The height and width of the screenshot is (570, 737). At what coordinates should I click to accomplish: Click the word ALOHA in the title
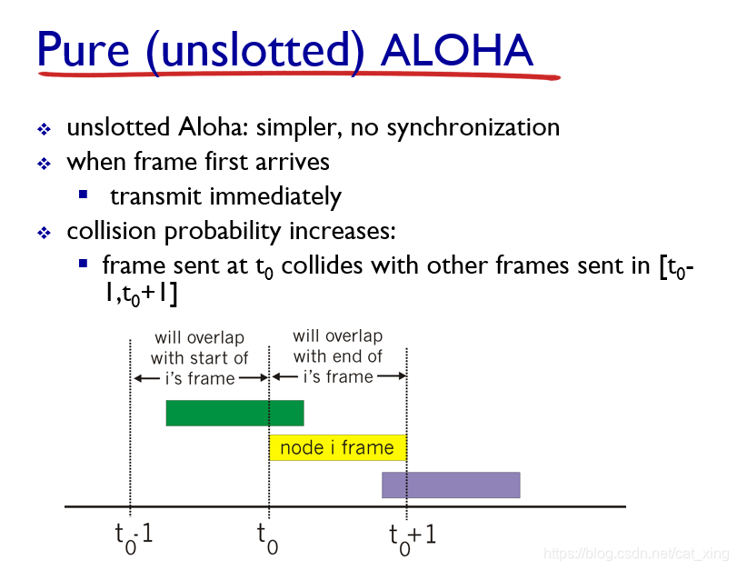pyautogui.click(x=456, y=50)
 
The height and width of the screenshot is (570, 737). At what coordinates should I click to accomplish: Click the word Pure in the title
pyautogui.click(x=84, y=49)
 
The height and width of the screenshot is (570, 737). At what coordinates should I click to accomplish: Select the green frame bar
pyautogui.click(x=234, y=413)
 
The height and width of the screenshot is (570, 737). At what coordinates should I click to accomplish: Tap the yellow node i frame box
pyautogui.click(x=337, y=447)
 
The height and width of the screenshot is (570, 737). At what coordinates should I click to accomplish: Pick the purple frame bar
pyautogui.click(x=451, y=485)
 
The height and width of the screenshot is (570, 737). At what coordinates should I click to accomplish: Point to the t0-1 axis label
pyautogui.click(x=134, y=537)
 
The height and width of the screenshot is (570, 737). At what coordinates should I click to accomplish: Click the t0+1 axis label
pyautogui.click(x=413, y=538)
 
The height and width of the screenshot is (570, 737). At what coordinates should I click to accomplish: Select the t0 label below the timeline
pyautogui.click(x=267, y=538)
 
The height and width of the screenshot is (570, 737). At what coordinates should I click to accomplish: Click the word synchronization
pyautogui.click(x=473, y=128)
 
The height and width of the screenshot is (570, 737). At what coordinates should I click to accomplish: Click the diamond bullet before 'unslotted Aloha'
pyautogui.click(x=45, y=129)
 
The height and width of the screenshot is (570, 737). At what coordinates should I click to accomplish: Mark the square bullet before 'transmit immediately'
pyautogui.click(x=84, y=195)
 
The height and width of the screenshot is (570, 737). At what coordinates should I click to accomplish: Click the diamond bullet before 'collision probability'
pyautogui.click(x=45, y=233)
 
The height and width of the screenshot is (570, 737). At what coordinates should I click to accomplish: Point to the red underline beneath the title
pyautogui.click(x=299, y=75)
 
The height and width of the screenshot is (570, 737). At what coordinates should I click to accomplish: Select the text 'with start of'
pyautogui.click(x=199, y=358)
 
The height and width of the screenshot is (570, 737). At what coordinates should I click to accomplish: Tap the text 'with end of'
pyautogui.click(x=338, y=356)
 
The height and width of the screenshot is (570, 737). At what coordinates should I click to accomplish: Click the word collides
pyautogui.click(x=322, y=265)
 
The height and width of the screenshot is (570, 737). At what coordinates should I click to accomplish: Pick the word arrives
pyautogui.click(x=293, y=162)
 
